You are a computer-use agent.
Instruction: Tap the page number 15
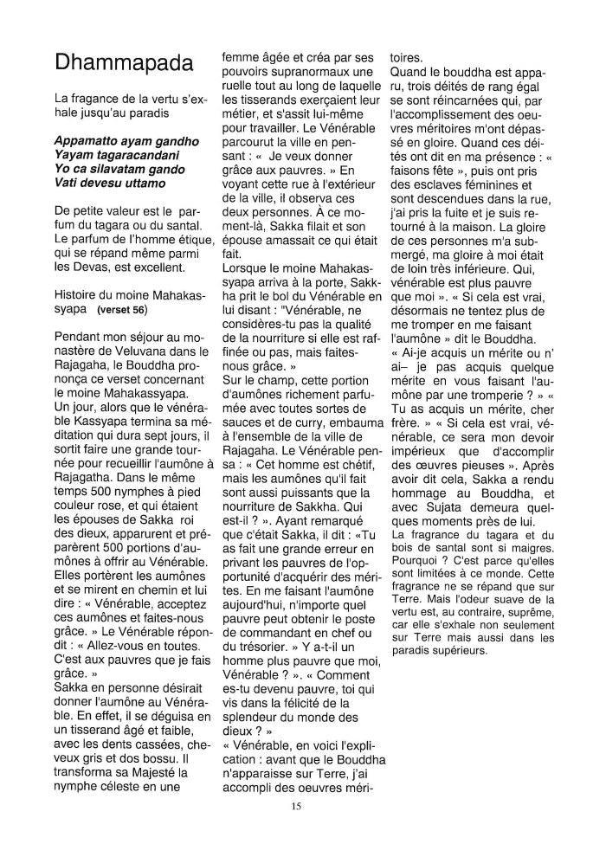(296, 806)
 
